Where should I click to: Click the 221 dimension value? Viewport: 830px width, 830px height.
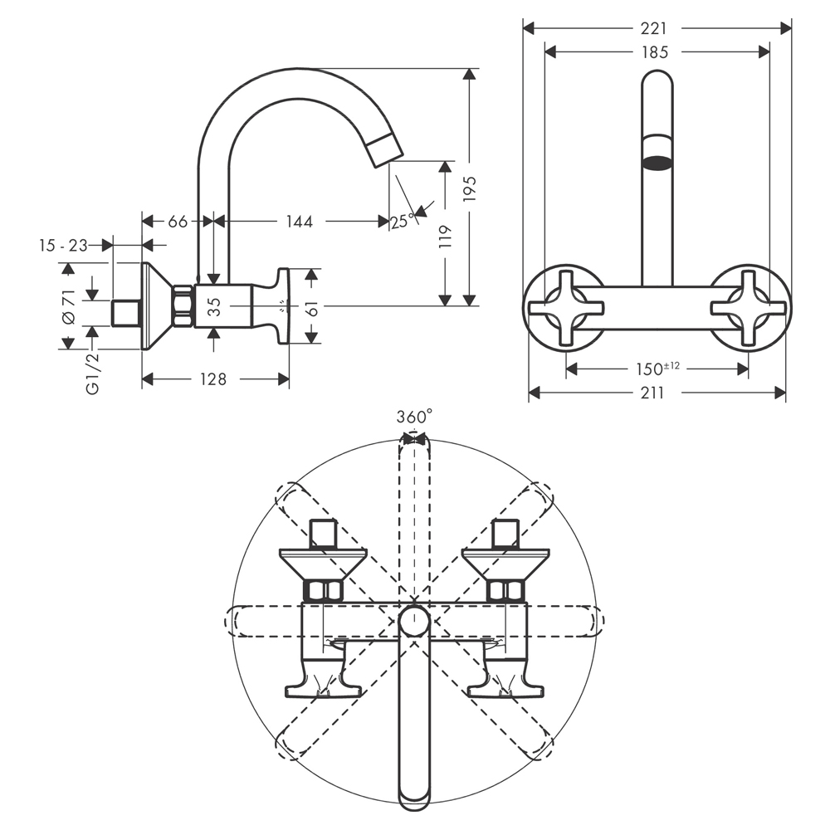[654, 28]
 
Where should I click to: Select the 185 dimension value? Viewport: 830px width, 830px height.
[656, 51]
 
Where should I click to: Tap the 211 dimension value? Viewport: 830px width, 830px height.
[652, 393]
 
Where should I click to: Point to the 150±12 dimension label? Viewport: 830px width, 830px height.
[657, 368]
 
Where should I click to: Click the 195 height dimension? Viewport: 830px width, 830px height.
[470, 188]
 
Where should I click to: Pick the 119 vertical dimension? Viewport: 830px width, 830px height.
[446, 237]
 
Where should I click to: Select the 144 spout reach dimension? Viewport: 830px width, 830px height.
[300, 222]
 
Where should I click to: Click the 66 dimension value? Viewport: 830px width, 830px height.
[178, 222]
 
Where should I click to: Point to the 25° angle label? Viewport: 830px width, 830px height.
[403, 222]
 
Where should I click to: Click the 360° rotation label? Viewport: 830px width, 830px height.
[414, 417]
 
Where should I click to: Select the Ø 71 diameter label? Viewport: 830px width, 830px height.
[68, 306]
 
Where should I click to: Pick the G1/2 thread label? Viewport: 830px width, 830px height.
[92, 373]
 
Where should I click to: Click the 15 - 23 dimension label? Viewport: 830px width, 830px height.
[63, 246]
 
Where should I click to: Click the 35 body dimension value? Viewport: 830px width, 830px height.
[213, 306]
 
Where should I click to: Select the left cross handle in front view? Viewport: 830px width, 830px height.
[566, 309]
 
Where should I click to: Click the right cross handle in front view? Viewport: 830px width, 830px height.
[748, 309]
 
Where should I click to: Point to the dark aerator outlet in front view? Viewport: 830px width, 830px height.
[657, 164]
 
